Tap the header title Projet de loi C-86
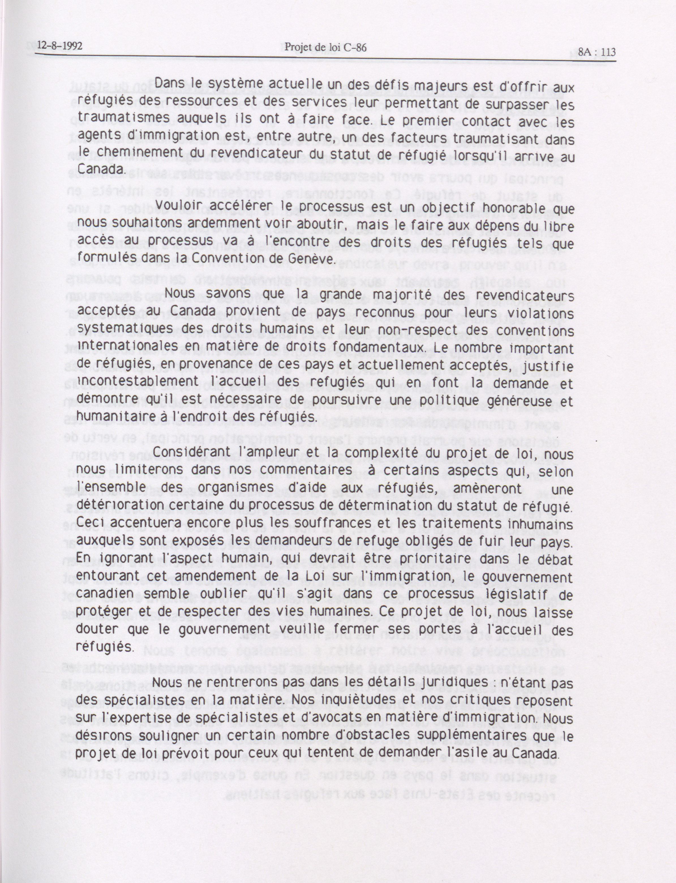(x=325, y=48)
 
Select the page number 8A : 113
(x=597, y=52)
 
